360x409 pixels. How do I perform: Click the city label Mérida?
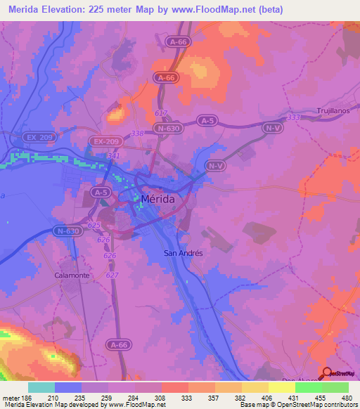pyautogui.click(x=159, y=198)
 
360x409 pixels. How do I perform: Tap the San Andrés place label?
pyautogui.click(x=183, y=253)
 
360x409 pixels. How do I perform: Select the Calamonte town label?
pyautogui.click(x=72, y=275)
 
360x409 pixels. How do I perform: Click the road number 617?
pyautogui.click(x=160, y=113)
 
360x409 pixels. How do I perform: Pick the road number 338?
pyautogui.click(x=137, y=132)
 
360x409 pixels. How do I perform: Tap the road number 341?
pyautogui.click(x=114, y=155)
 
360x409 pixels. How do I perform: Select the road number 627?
pyautogui.click(x=111, y=275)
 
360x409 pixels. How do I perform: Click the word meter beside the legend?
pyautogui.click(x=10, y=398)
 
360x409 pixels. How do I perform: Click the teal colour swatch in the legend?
pyautogui.click(x=41, y=387)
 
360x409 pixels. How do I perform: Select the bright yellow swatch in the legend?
pyautogui.click(x=282, y=387)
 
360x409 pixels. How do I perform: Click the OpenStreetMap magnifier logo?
pyautogui.click(x=328, y=373)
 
